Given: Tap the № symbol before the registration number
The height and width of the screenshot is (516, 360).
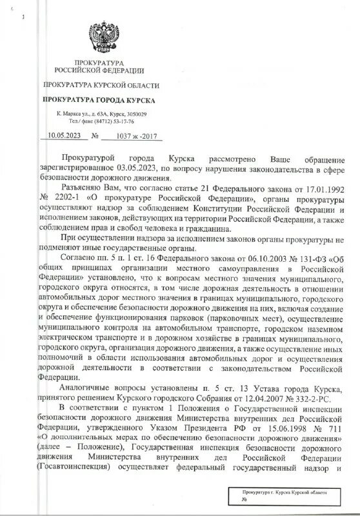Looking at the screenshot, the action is (x=95, y=136).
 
